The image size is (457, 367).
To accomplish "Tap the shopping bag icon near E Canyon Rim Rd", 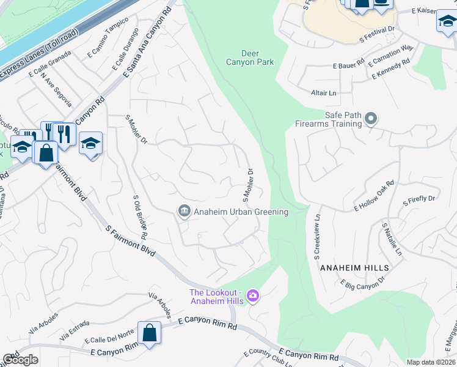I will point(149,333).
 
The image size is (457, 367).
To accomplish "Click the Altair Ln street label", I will point(324,92).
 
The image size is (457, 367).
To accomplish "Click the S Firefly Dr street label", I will point(419,199).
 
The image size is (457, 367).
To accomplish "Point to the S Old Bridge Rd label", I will point(141,217).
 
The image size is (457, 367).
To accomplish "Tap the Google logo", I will point(20,360).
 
